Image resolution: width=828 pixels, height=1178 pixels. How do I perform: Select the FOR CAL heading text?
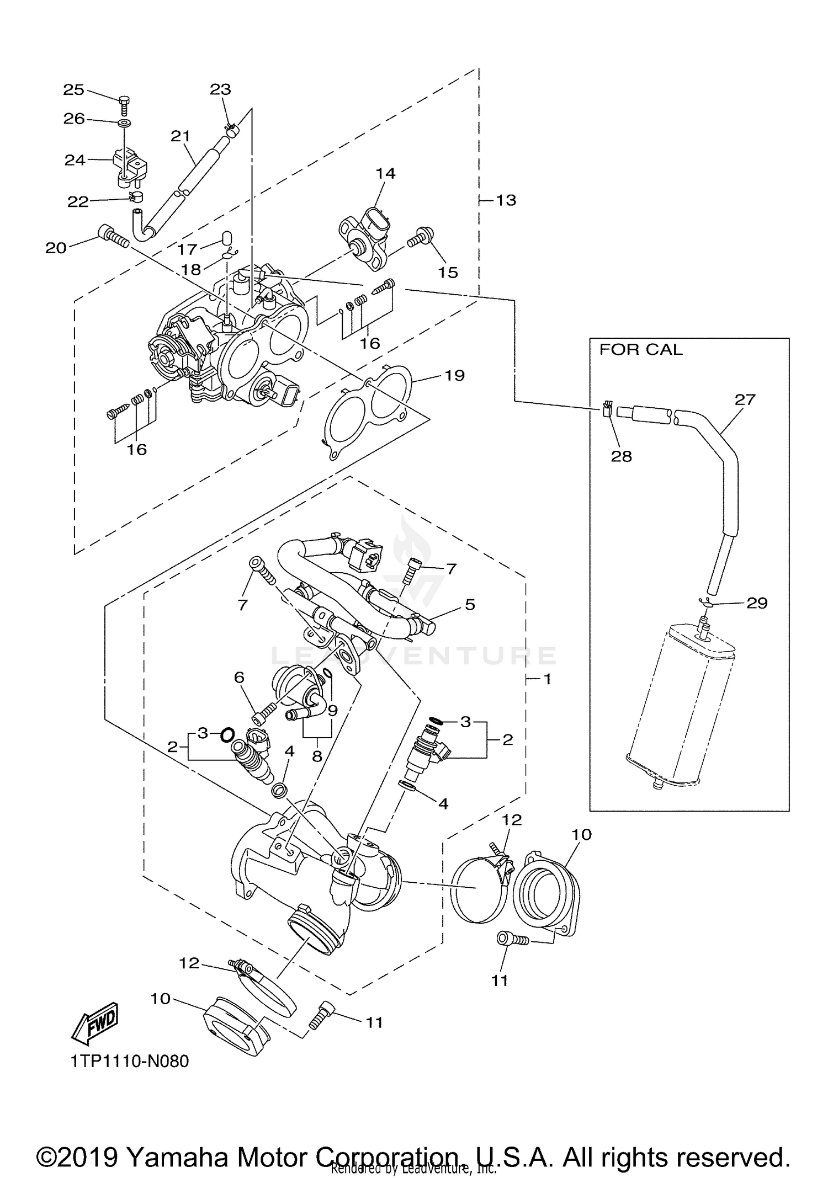pos(640,350)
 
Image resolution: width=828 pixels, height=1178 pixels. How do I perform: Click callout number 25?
pos(73,89)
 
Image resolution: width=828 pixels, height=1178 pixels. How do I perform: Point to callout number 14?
pos(385,173)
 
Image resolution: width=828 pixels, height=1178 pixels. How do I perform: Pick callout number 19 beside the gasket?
pos(454,375)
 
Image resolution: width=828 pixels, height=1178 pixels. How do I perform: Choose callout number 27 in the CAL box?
pos(744,399)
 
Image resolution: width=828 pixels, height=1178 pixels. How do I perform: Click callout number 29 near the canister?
pos(757,603)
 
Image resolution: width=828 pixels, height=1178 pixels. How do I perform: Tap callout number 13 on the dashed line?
pos(506,200)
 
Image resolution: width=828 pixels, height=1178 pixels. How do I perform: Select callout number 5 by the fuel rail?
pos(469,604)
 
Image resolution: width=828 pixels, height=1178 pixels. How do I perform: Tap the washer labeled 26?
pos(125,121)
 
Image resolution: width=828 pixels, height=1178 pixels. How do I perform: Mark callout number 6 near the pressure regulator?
pos(239,677)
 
